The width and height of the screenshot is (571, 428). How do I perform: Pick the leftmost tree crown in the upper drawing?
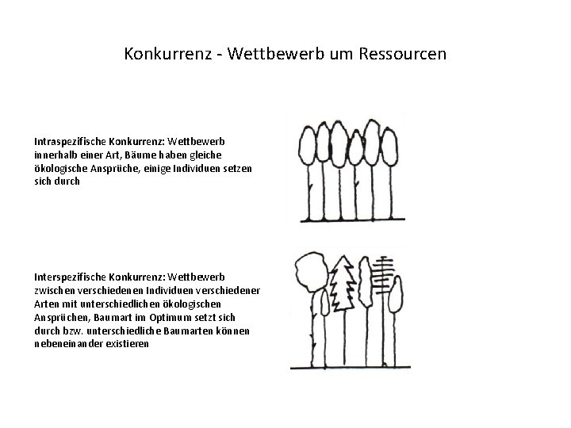coord(306,148)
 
